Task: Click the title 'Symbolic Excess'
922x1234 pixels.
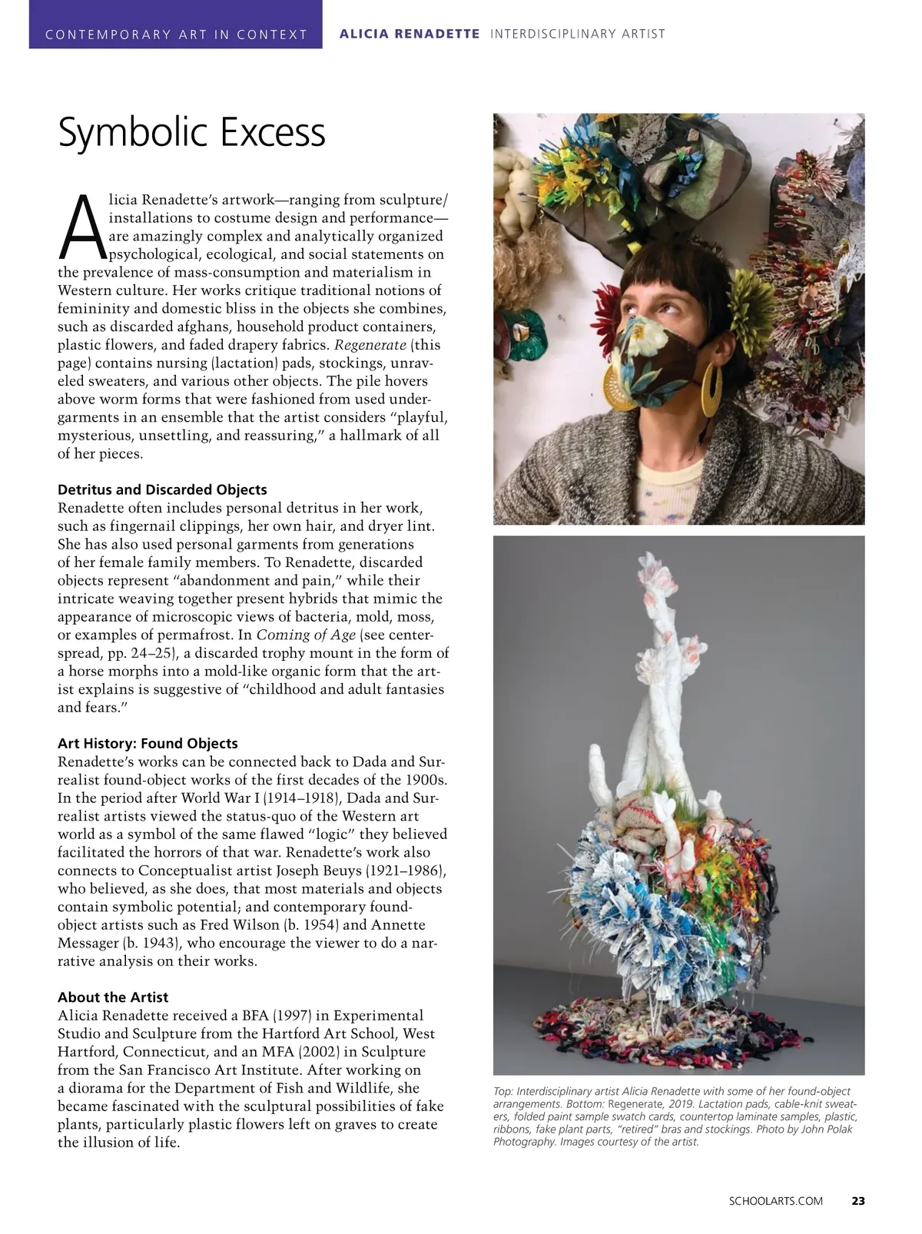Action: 192,134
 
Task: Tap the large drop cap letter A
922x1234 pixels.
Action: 81,223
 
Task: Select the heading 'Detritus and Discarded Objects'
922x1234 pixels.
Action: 162,489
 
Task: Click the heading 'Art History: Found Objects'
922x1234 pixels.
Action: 148,743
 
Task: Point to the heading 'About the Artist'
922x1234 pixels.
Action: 113,997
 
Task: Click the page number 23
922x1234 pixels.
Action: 858,1201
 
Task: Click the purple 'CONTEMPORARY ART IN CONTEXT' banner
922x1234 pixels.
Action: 176,34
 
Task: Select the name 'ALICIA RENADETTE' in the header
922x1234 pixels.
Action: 410,34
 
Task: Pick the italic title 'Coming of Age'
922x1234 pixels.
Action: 306,635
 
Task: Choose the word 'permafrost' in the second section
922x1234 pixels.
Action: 172,635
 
